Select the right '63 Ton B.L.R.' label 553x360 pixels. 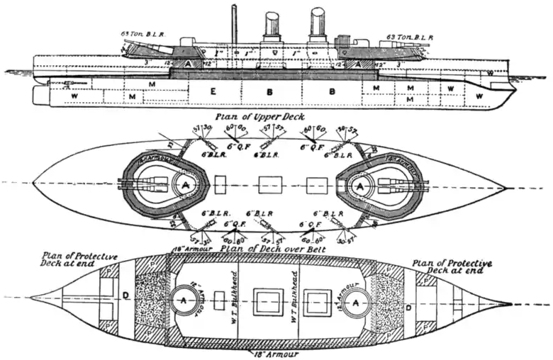(410, 36)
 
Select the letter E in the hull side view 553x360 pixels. (213, 91)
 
